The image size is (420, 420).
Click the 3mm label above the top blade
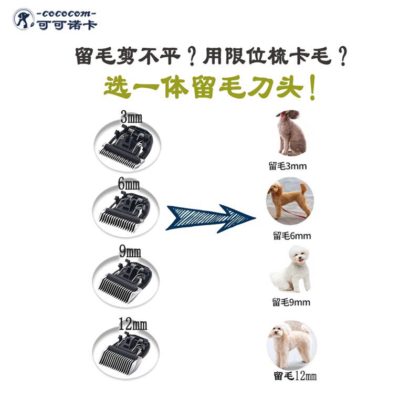coord(131,118)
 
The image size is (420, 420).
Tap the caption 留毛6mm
coord(291,236)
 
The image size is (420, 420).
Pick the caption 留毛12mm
coord(295,376)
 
